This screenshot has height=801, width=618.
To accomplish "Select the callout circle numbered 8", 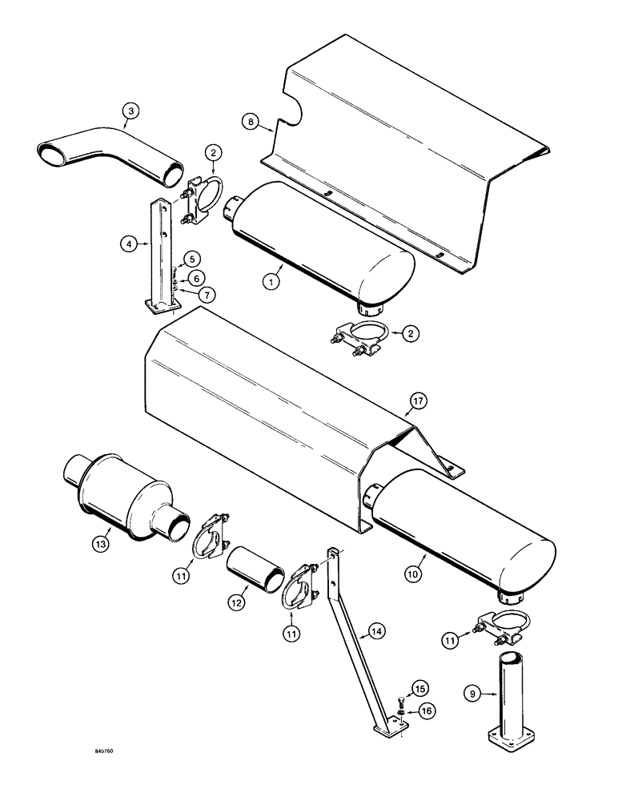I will [252, 123].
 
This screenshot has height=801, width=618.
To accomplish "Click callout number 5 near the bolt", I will [193, 259].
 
